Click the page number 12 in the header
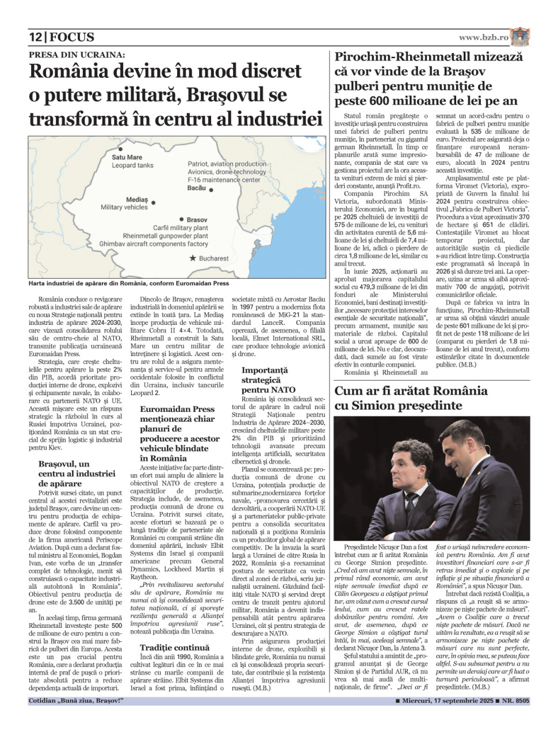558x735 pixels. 36,37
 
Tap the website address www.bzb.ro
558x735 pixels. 483,37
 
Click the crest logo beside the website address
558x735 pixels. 520,37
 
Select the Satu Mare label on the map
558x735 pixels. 127,157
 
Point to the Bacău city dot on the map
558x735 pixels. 211,190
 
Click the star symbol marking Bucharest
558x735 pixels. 192,259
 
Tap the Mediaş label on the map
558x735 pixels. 137,199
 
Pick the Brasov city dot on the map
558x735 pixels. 182,219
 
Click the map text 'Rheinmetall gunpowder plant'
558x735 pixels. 166,236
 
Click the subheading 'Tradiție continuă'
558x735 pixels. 175,647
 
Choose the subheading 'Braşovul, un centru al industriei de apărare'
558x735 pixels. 77,473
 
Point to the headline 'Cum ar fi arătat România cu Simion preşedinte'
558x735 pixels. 411,398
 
